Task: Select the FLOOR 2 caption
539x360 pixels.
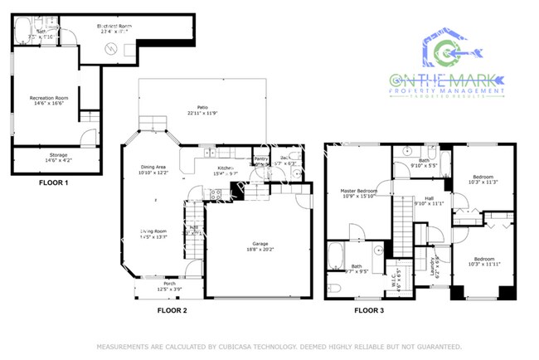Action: pyautogui.click(x=172, y=310)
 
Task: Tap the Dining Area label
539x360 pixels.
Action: pyautogui.click(x=154, y=169)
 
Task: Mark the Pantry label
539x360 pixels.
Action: pyautogui.click(x=261, y=159)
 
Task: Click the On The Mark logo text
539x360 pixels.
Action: pyautogui.click(x=448, y=80)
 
